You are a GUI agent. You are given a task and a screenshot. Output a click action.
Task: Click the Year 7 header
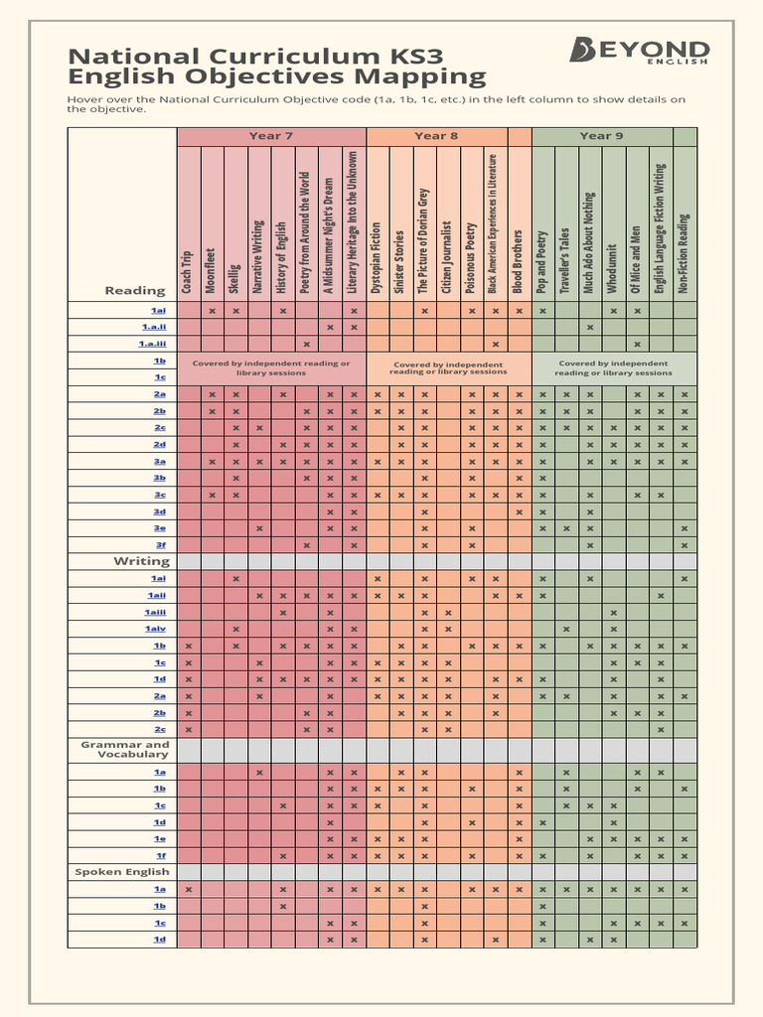[x=271, y=136]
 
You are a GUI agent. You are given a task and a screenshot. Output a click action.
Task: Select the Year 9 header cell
[x=602, y=136]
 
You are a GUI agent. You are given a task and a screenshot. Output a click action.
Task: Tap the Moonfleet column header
[x=211, y=269]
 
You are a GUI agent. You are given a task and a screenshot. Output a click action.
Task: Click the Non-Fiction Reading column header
[x=684, y=252]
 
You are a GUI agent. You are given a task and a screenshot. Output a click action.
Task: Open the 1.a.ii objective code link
[x=153, y=327]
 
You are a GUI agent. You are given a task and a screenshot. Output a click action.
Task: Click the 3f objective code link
[x=160, y=545]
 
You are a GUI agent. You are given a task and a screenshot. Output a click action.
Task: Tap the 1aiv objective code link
[x=155, y=629]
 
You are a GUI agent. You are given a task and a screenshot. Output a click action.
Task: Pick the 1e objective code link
[x=159, y=838]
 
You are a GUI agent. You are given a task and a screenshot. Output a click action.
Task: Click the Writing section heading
[x=141, y=562]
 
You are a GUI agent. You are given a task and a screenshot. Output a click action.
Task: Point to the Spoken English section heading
[x=122, y=872]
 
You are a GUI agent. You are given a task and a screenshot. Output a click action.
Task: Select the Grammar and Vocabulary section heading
[x=125, y=749]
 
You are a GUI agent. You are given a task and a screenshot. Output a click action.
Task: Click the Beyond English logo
[x=639, y=52]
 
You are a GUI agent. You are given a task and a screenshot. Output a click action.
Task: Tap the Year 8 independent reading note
[x=448, y=368]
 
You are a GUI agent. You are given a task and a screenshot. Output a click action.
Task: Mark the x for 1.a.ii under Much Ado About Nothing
[x=589, y=327]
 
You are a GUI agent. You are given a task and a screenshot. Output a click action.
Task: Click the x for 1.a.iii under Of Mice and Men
[x=637, y=344]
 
